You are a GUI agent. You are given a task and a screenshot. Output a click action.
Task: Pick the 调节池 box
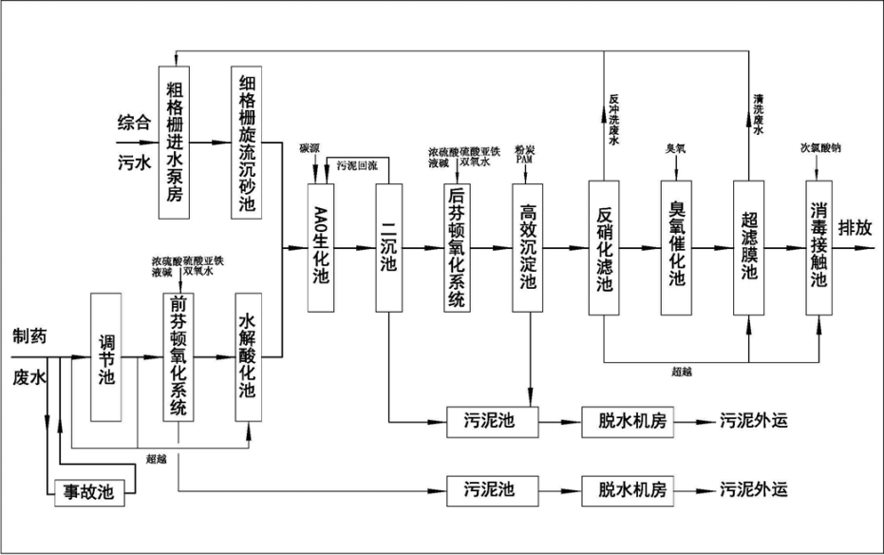click(105, 357)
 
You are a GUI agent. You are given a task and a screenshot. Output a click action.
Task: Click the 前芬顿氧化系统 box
click(178, 357)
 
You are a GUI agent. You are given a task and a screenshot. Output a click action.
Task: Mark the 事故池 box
click(87, 491)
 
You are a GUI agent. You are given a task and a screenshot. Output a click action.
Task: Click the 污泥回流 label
click(357, 165)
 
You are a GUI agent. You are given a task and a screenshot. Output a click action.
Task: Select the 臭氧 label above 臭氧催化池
click(675, 148)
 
